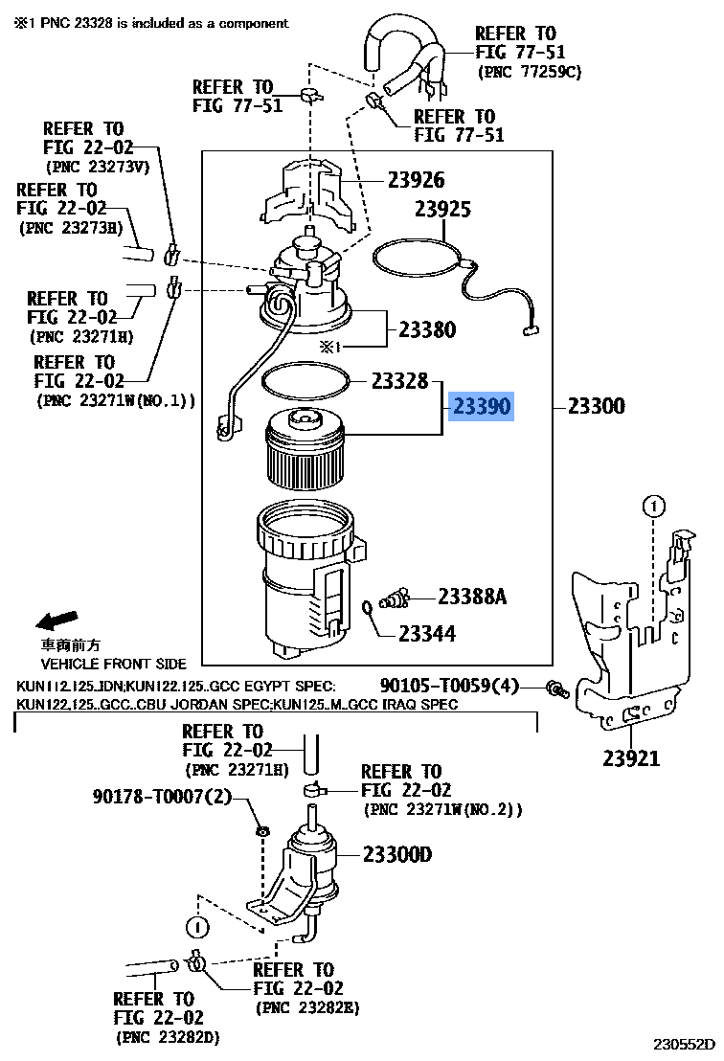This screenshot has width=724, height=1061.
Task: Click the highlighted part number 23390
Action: coord(483,407)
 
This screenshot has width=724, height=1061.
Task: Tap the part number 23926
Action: coord(416,180)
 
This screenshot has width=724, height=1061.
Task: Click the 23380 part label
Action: coord(427,329)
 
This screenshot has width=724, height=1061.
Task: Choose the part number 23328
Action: coord(399,382)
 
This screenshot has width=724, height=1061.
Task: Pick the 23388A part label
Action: coord(471,598)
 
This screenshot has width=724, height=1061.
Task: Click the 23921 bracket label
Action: coord(631,758)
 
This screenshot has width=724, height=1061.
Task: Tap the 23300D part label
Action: coord(396,854)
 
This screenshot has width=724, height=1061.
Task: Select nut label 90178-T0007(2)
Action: coord(163,797)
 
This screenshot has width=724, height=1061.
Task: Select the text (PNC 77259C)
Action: coord(529,72)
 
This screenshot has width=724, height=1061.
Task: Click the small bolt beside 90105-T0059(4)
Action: coord(554,688)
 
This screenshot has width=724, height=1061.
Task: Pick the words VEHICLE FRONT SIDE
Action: coord(113,663)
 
